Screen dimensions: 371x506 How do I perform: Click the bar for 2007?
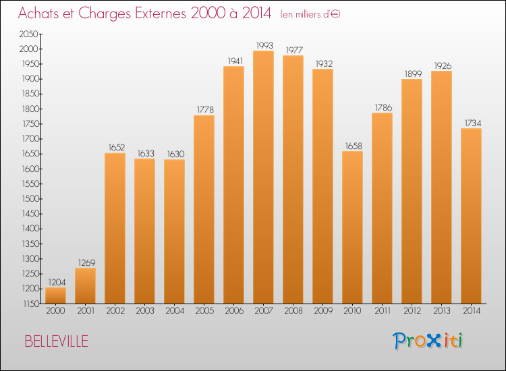pyautogui.click(x=263, y=177)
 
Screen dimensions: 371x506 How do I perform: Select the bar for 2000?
pyautogui.click(x=55, y=295)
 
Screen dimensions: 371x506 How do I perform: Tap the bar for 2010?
pyautogui.click(x=352, y=227)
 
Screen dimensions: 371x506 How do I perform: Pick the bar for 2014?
pyautogui.click(x=471, y=214)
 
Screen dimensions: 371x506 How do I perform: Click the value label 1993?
pyautogui.click(x=263, y=45)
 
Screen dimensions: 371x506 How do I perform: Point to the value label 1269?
pyautogui.click(x=85, y=262)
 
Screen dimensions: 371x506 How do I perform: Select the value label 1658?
pyautogui.click(x=352, y=146)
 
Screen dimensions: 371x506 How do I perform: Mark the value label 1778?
pyautogui.click(x=204, y=110)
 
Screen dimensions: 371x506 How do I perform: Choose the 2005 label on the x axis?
pyautogui.click(x=204, y=312)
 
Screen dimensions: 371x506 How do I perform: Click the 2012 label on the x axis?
pyautogui.click(x=412, y=312)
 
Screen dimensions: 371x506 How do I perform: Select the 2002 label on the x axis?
pyautogui.click(x=115, y=312)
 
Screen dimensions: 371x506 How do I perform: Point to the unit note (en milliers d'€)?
pyautogui.click(x=310, y=14)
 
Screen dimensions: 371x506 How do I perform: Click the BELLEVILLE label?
pyautogui.click(x=56, y=341)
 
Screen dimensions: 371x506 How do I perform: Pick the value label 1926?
pyautogui.click(x=441, y=65)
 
